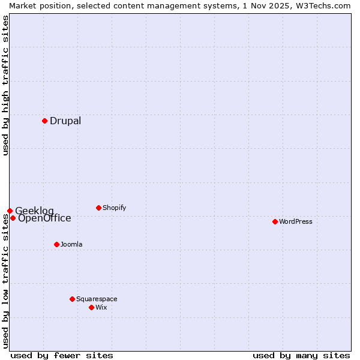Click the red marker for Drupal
(44, 121)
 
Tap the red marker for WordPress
(275, 221)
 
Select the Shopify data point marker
(98, 208)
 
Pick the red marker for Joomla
(56, 244)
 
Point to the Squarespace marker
(72, 299)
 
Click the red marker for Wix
(91, 307)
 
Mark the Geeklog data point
(10, 211)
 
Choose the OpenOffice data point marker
(13, 218)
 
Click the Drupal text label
(65, 121)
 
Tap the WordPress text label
(296, 221)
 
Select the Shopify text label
(115, 208)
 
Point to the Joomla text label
(71, 244)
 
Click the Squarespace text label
(97, 299)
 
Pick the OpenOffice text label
(44, 218)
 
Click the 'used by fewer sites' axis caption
(62, 355)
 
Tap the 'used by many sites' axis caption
(301, 355)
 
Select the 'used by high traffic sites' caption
(5, 85)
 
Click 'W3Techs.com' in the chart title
(322, 5)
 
